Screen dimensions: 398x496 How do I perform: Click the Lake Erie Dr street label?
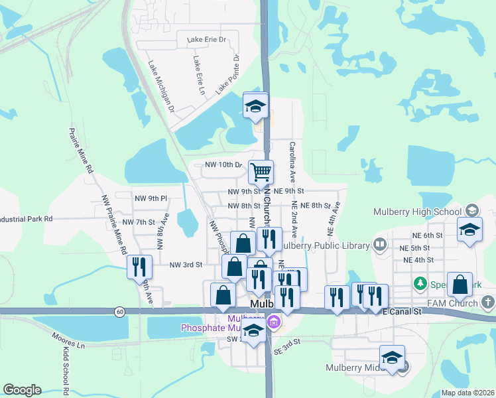pos(206,40)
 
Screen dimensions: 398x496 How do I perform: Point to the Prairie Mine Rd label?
pos(80,151)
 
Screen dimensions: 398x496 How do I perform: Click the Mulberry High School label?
pos(416,212)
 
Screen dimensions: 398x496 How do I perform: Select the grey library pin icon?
pos(379,245)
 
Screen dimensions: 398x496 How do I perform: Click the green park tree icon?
pos(419,284)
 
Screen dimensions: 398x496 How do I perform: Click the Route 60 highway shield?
pos(119,310)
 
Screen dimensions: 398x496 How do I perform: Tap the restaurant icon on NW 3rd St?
pos(138,266)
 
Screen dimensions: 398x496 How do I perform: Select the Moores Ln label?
pos(69,341)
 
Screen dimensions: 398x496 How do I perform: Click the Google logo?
pos(22,390)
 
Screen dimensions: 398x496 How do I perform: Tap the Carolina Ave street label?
pos(292,162)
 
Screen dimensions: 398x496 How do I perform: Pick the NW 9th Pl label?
pos(150,198)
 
